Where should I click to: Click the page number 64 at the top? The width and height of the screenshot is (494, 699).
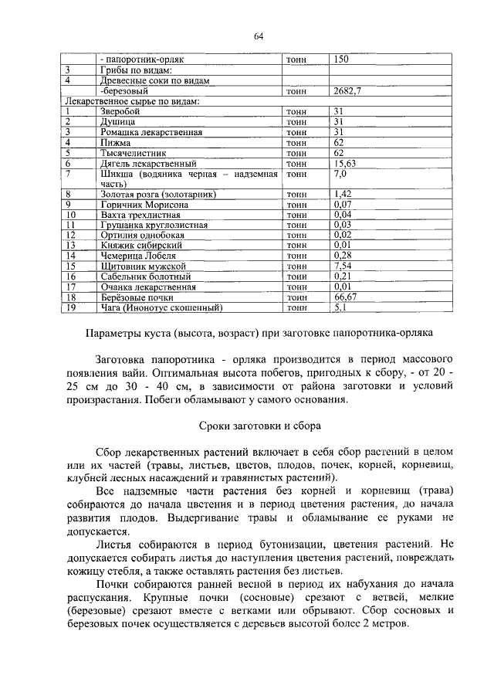(x=259, y=36)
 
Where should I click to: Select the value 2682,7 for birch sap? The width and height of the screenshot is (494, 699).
(x=348, y=90)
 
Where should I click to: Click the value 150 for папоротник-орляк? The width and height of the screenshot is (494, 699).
(x=342, y=58)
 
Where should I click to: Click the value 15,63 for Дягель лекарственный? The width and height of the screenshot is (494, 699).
(x=345, y=164)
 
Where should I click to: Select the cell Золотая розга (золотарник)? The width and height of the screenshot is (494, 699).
(x=157, y=194)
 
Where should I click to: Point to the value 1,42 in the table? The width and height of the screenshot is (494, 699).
(x=343, y=194)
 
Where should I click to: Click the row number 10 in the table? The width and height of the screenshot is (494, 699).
(x=70, y=215)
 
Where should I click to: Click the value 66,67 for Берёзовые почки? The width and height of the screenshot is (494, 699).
(x=345, y=297)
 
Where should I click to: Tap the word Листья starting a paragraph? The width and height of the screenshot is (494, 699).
(x=116, y=545)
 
